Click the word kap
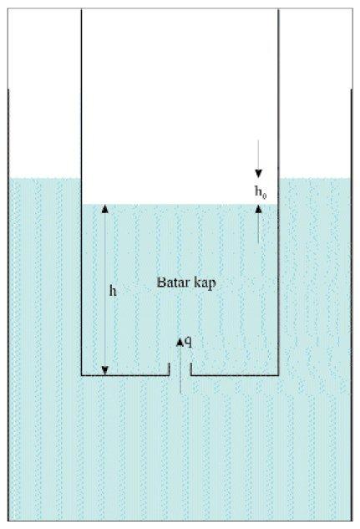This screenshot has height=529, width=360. coord(205,283)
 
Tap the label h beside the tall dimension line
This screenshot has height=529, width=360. coord(113,291)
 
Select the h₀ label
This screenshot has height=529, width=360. coord(261,192)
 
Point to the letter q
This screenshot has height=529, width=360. coord(189,342)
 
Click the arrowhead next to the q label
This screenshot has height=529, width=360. coord(180,342)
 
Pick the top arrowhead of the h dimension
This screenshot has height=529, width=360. coord(105,209)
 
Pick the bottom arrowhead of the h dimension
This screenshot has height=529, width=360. coord(105,370)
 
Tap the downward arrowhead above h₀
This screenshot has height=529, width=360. coord(258,174)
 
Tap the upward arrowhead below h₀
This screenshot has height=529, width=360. coord(258,209)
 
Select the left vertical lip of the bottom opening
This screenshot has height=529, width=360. coord(169,369)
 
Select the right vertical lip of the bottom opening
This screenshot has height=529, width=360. coord(191,369)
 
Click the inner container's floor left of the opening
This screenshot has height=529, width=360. coord(125,375)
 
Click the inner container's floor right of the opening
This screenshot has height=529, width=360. coord(235,375)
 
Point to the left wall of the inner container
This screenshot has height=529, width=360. coord(82,191)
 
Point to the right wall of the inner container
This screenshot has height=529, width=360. coord(278,191)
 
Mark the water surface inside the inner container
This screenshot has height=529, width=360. coord(180,204)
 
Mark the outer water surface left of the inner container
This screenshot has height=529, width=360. coord(44,178)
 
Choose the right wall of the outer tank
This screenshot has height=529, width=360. coord(352,305)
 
